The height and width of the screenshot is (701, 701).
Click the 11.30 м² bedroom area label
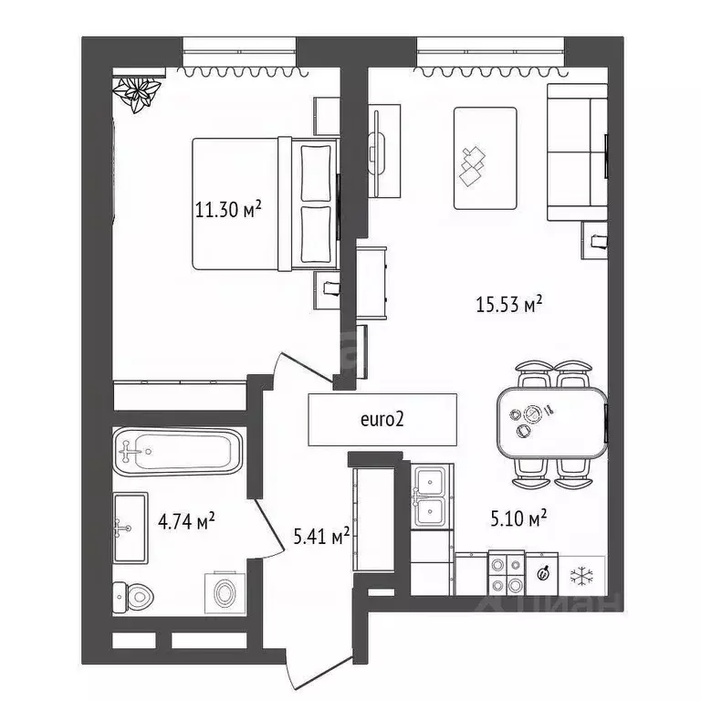[228, 209]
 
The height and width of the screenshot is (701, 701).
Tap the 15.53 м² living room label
[508, 304]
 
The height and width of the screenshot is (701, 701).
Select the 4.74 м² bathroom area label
[186, 521]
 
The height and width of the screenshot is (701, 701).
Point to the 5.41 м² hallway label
[321, 537]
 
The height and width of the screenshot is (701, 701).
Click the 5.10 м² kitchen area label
[518, 518]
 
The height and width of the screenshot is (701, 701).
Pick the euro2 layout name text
[382, 419]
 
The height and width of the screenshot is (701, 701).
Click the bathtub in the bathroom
[178, 452]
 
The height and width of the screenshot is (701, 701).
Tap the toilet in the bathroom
[132, 596]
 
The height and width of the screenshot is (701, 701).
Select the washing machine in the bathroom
[225, 592]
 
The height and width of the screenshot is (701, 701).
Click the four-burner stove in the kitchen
[506, 573]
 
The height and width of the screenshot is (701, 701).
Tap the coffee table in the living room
[485, 158]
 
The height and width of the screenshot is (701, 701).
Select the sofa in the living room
[577, 152]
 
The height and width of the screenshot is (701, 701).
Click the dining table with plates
[551, 423]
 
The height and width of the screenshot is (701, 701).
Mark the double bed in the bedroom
[265, 204]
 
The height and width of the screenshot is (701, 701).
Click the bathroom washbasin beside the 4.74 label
[131, 528]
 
